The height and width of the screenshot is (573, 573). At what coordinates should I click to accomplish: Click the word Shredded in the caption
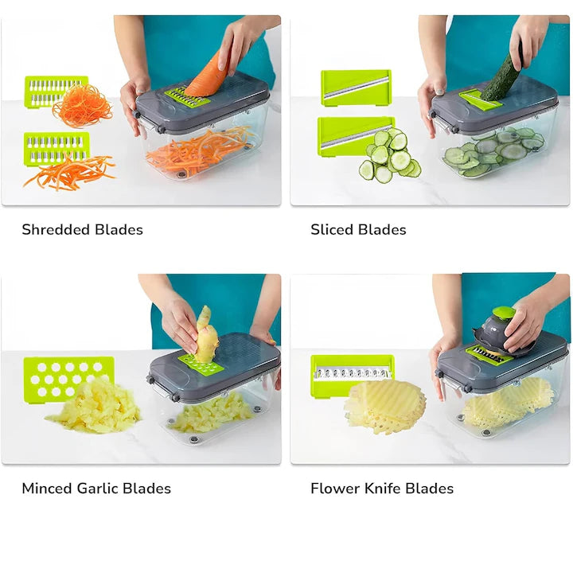56,230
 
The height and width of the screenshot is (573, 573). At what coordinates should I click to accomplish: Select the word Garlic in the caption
98,489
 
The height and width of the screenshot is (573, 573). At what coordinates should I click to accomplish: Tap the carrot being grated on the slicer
208,76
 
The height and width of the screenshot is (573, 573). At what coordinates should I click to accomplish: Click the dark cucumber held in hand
501,77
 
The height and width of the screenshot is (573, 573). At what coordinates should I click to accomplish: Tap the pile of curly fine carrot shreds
82,106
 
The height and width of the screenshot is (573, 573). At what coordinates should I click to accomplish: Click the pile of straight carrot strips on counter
69,173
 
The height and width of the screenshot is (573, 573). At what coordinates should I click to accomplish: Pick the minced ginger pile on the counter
94,407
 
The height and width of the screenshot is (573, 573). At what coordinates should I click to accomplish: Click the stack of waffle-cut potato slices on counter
385,407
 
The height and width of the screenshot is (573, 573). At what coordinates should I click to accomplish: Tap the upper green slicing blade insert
356,88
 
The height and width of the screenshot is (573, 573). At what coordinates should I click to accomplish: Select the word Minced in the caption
47,489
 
